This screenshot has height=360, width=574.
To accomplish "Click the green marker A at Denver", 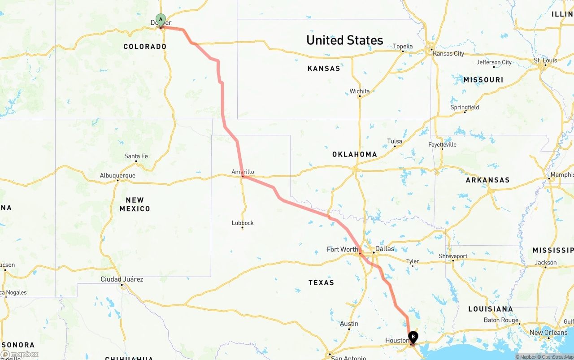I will coord(161,20).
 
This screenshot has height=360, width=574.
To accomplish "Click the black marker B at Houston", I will coord(413,337).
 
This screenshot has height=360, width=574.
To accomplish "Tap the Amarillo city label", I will coord(243,172).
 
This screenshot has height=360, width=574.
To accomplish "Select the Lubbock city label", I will coord(243,223).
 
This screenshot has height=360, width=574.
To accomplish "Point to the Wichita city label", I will coord(360,91).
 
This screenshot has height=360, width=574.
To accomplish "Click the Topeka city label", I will coord(403,46).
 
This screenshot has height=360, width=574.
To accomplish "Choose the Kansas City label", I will coord(448,53).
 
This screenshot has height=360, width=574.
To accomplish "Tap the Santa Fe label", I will coord(136,156).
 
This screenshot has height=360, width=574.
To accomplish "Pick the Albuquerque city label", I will coord(117,175).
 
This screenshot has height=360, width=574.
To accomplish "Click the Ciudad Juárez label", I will coord(122,279).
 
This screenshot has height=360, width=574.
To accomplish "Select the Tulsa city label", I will coord(395,141).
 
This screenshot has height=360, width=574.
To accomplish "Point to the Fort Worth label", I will coord(343,249).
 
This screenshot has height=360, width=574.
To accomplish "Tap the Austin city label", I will coord(349,324).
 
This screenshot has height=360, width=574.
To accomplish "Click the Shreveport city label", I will coord(453,256).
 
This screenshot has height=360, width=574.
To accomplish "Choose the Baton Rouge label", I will coord(501,320).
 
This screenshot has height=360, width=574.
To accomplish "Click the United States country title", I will coord(344,40).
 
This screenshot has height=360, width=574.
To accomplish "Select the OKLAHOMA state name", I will coord(354,154).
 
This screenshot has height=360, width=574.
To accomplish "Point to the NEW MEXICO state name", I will coord(135,204).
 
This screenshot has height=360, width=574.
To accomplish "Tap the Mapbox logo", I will coord(20,354).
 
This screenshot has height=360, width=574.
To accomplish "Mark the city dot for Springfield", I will coord(465,112).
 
